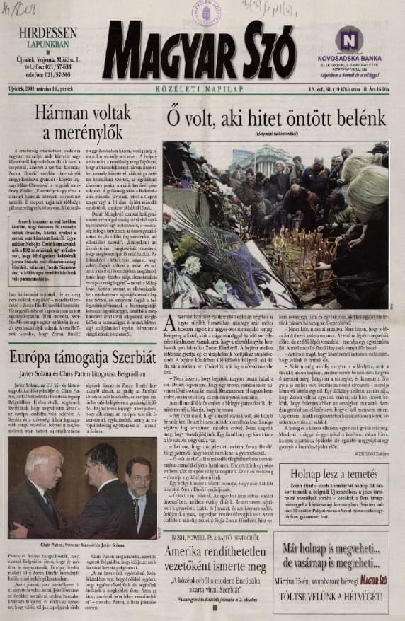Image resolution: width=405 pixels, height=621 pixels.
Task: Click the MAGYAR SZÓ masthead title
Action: (x=199, y=52)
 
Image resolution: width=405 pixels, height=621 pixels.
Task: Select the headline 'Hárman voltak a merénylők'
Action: (x=80, y=122)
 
